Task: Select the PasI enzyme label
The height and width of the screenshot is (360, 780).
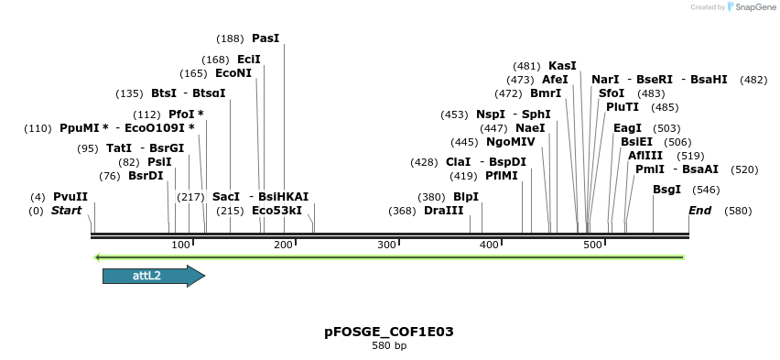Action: point(265,38)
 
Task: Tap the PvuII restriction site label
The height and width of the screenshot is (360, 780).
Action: point(70,197)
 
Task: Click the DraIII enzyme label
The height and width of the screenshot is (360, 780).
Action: point(444,211)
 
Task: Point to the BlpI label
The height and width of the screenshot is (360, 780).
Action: point(466,197)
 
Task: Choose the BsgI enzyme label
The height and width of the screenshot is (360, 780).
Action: point(666,190)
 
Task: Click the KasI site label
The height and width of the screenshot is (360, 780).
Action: point(562,66)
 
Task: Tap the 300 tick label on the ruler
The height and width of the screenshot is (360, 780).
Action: point(386,245)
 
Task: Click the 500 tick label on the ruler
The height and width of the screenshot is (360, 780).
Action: point(592,245)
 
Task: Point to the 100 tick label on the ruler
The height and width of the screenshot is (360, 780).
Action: point(180,245)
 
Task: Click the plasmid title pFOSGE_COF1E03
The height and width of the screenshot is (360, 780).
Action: point(389,332)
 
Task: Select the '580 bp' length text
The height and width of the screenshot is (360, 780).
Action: point(389,346)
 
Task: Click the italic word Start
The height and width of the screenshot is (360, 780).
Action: point(66,211)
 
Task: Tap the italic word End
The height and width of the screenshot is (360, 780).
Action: point(700,211)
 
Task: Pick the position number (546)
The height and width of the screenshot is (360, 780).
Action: point(706,190)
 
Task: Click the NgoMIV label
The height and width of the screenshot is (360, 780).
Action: point(511,142)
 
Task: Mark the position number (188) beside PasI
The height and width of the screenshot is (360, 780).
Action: point(230,38)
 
